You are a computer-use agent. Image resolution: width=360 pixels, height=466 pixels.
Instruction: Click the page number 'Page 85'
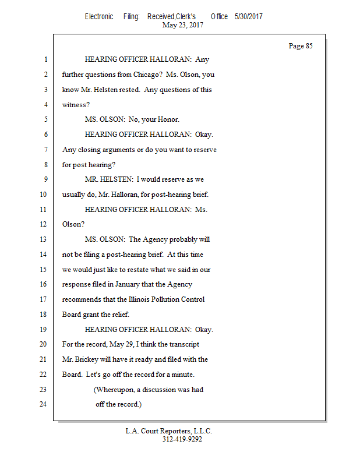click(301, 46)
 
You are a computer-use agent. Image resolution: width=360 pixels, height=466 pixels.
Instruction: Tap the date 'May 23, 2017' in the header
click(182, 25)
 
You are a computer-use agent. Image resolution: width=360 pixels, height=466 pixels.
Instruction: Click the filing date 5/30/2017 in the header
click(249, 16)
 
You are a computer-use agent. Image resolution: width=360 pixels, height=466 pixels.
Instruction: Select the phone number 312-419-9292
click(182, 439)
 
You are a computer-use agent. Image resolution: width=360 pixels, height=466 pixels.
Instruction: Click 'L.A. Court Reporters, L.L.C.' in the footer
click(169, 431)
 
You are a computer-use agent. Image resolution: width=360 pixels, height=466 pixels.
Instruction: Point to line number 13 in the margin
click(43, 239)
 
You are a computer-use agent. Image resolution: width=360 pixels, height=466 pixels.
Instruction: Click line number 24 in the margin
click(43, 404)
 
